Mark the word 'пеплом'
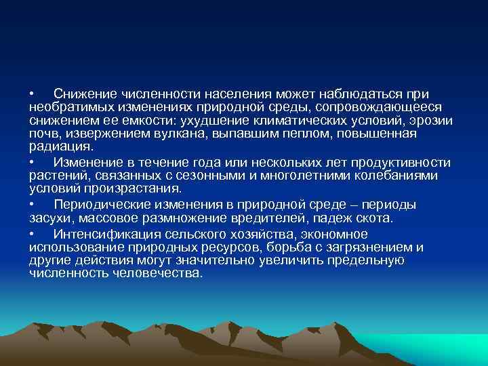(251, 134)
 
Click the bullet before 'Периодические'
(33, 204)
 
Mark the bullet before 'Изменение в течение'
(33, 162)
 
